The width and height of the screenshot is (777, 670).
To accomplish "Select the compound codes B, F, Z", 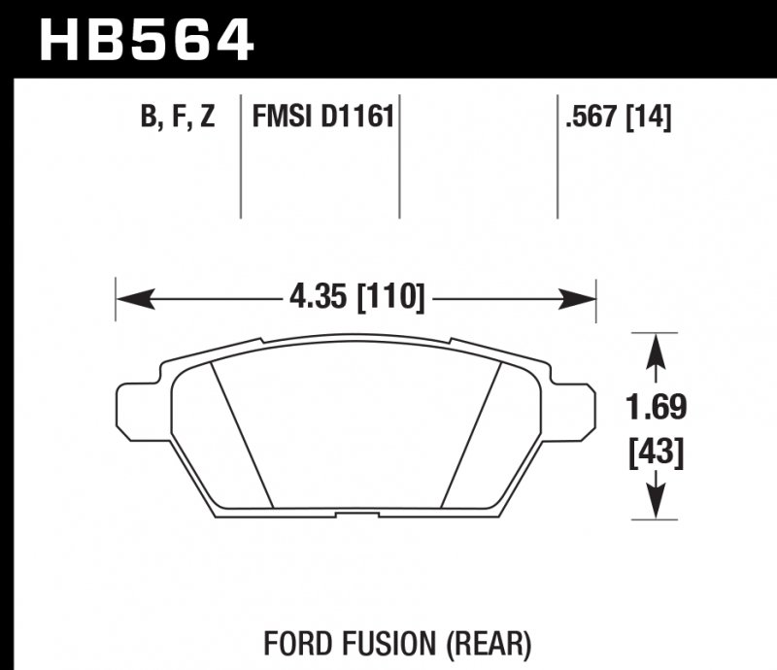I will coord(177,118).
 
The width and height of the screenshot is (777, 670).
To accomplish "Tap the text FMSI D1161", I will coord(322,118).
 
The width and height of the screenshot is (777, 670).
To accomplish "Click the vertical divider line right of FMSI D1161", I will coord(400,155).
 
